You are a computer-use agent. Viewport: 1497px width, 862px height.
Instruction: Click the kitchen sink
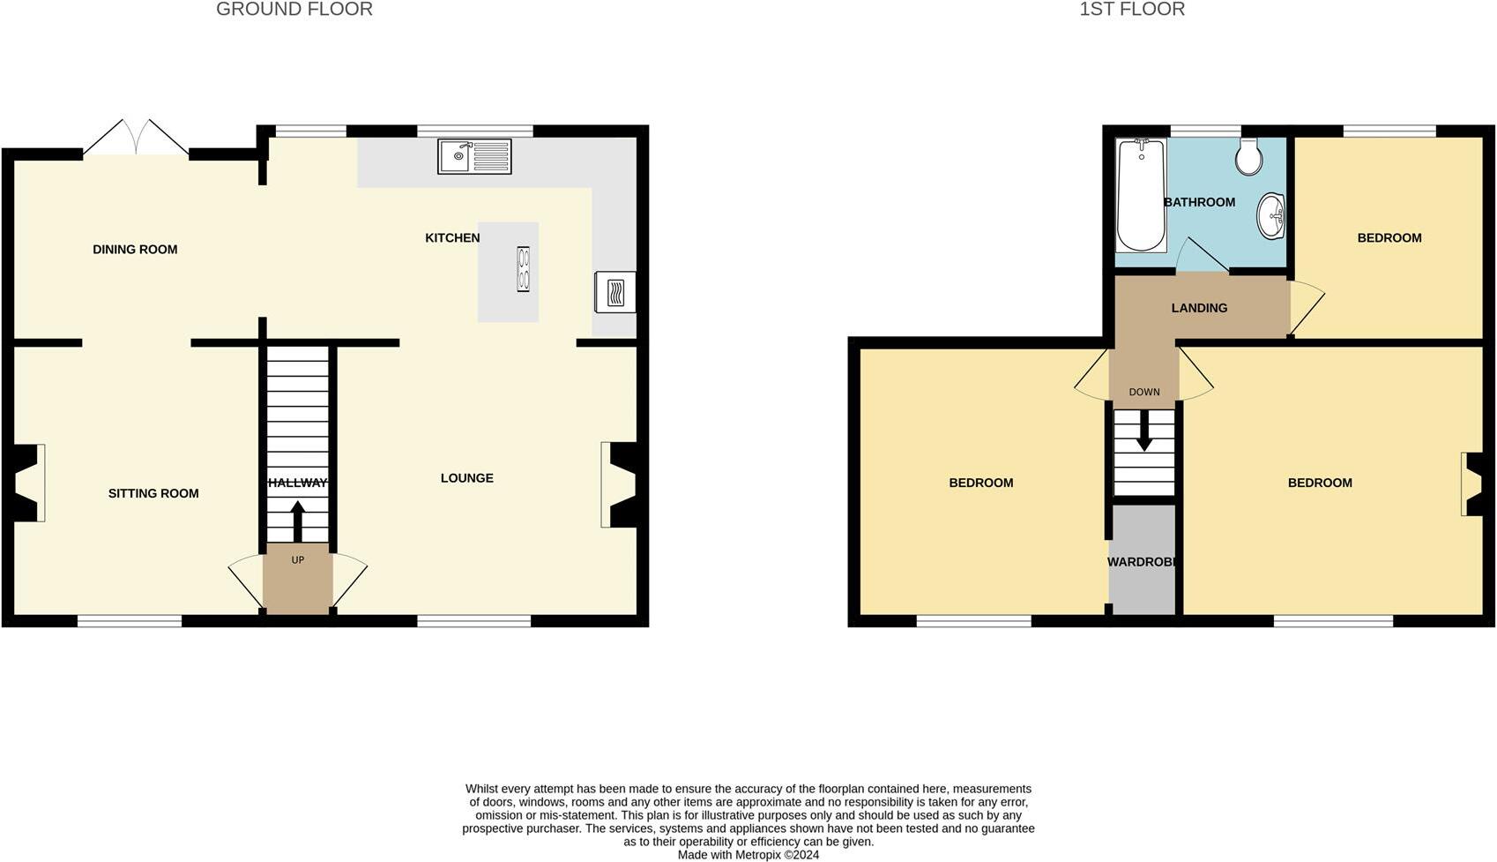pos(474,156)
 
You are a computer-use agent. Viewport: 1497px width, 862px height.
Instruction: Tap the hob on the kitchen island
pos(524,269)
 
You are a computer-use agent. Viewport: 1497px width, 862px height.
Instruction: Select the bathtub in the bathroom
pos(1140,195)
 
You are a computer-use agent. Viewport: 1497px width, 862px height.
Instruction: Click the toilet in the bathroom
pos(1248,156)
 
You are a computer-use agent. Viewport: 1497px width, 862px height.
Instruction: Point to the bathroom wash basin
pos(1270,215)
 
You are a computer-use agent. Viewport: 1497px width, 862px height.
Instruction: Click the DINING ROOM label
pos(135,250)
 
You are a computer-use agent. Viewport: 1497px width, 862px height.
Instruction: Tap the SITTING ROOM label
pos(153,493)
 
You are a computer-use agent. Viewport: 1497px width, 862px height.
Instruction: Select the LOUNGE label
pos(466,478)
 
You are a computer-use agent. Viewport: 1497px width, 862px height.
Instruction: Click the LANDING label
pos(1199,308)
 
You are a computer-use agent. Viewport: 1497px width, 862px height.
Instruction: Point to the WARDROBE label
pos(1143,562)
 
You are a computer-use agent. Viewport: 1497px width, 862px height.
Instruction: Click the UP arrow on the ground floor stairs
pos(297,521)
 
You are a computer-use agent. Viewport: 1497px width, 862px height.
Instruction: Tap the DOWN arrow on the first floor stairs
pos(1143,433)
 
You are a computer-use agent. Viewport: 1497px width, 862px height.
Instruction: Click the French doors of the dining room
pos(136,139)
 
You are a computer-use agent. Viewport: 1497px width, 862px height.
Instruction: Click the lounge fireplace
pos(621,483)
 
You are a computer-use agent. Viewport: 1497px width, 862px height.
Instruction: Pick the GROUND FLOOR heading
pos(294,10)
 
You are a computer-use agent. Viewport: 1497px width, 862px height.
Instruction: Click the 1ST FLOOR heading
pos(1132,10)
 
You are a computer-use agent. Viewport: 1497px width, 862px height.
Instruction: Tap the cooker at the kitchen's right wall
pos(615,291)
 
